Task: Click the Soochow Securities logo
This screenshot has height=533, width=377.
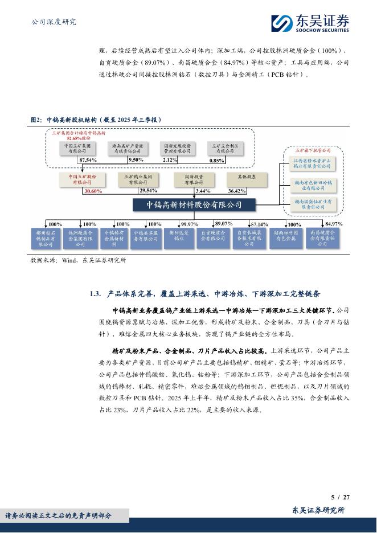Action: click(310, 23)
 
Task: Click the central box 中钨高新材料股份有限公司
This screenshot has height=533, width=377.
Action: click(194, 204)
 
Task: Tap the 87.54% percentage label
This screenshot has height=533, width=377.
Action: click(88, 161)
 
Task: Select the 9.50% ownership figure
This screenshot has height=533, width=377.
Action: click(136, 161)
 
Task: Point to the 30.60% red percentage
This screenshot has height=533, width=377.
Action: click(92, 191)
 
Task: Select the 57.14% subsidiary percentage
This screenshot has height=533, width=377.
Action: click(260, 224)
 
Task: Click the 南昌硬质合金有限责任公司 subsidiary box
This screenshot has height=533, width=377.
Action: click(322, 238)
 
